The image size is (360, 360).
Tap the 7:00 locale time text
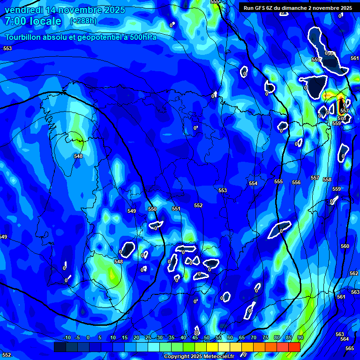(x=33, y=21)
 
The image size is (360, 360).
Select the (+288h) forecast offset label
(x=83, y=21)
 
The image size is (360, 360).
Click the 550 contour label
(x=152, y=209)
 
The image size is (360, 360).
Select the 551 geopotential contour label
(x=176, y=209)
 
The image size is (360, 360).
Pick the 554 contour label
(x=253, y=183)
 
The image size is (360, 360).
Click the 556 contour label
(x=296, y=182)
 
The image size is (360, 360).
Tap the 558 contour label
(x=327, y=180)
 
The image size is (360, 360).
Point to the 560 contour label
(x=345, y=246)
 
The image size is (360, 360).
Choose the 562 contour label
(x=354, y=273)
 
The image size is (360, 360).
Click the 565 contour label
(x=350, y=348)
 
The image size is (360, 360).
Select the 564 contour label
(x=345, y=339)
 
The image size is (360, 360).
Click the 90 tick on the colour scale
(x=300, y=337)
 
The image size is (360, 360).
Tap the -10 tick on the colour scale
(x=67, y=337)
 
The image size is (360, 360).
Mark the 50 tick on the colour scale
(x=206, y=337)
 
